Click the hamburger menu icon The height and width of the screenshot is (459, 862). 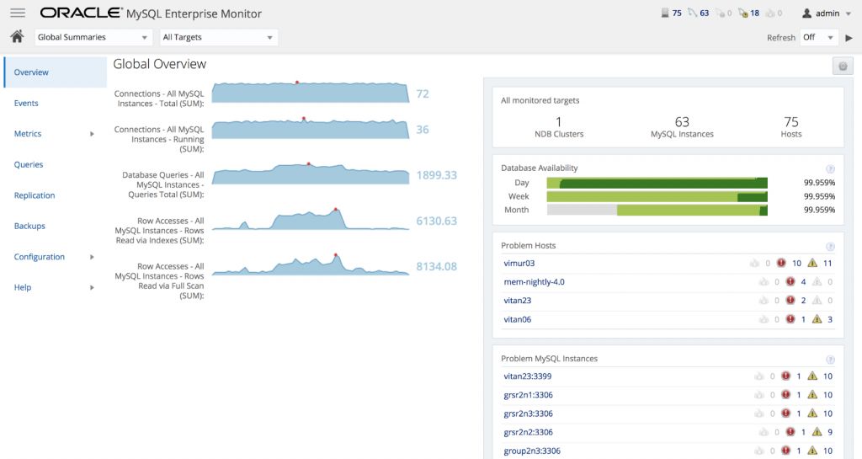click(x=17, y=13)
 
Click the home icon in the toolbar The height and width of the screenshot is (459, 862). click(x=16, y=36)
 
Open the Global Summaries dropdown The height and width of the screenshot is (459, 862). click(x=93, y=37)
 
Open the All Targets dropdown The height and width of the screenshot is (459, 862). click(x=218, y=37)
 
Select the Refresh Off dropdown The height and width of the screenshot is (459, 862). click(x=819, y=37)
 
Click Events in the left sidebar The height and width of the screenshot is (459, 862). click(x=26, y=103)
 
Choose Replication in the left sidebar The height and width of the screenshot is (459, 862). click(x=35, y=195)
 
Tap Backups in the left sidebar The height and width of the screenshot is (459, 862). click(x=29, y=226)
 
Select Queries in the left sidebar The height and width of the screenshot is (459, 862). click(x=29, y=164)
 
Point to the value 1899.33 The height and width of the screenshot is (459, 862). click(x=436, y=175)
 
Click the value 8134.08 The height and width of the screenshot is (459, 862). click(x=436, y=266)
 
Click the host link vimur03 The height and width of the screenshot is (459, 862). click(x=519, y=264)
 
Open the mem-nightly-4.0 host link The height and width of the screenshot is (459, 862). click(x=534, y=282)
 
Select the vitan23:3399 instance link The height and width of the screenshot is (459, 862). click(x=527, y=376)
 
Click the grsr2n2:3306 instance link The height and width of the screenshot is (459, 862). click(x=528, y=432)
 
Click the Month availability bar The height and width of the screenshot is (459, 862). click(x=657, y=210)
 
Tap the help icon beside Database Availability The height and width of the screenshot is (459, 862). click(x=830, y=168)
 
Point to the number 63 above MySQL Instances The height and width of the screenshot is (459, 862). click(x=682, y=122)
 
